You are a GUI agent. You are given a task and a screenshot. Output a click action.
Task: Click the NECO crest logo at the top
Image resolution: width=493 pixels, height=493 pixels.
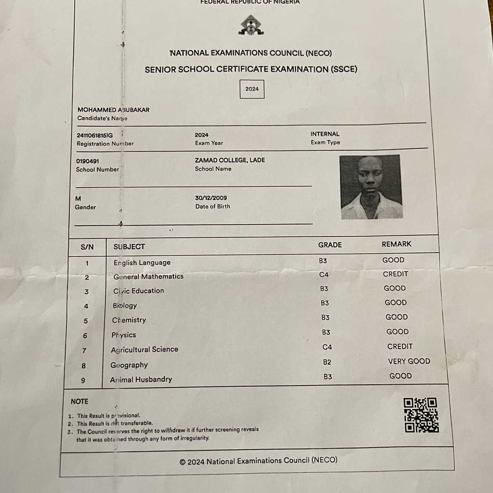tap(251, 25)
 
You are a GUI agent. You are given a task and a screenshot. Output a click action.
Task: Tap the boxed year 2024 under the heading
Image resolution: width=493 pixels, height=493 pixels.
tap(252, 89)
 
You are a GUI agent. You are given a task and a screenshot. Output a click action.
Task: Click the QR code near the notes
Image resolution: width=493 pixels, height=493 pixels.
tap(421, 415)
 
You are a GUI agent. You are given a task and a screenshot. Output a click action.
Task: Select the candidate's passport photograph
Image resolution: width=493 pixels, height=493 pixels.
tap(371, 187)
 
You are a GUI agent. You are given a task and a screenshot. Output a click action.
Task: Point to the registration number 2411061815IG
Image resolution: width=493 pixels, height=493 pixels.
tap(95, 135)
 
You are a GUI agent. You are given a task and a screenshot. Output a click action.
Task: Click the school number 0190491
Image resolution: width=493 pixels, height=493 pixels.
tap(87, 161)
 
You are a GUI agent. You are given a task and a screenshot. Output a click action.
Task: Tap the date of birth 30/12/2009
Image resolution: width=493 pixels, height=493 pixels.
tap(211, 198)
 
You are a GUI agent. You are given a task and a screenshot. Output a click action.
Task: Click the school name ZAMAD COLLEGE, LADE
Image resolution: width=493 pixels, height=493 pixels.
tap(230, 160)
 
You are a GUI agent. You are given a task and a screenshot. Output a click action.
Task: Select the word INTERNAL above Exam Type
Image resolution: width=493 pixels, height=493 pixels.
tap(325, 134)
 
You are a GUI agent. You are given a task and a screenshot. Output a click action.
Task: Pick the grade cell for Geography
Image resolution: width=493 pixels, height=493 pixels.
tap(327, 362)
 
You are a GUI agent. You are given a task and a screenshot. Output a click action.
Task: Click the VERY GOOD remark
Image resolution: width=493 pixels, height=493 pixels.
tap(409, 361)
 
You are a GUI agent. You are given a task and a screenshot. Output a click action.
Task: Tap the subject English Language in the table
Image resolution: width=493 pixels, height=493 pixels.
tap(142, 263)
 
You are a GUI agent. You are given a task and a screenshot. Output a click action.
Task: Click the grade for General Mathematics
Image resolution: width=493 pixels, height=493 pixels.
tap(324, 275)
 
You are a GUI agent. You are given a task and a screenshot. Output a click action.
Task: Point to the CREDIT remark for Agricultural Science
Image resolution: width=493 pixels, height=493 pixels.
tap(400, 347)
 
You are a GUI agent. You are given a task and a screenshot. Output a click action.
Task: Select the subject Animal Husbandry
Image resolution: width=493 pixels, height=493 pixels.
tap(141, 379)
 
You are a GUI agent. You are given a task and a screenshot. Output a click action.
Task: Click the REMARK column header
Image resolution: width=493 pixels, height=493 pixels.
tap(396, 244)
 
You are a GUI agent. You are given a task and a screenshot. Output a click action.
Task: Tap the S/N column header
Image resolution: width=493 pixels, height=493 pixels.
tap(87, 247)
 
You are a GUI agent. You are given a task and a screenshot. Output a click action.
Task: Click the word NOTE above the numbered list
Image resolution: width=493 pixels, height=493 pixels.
tap(79, 401)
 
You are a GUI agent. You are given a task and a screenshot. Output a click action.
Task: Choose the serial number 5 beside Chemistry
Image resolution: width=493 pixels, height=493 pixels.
tap(86, 321)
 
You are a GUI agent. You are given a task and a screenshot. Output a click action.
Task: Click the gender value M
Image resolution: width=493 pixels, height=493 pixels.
tap(78, 199)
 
